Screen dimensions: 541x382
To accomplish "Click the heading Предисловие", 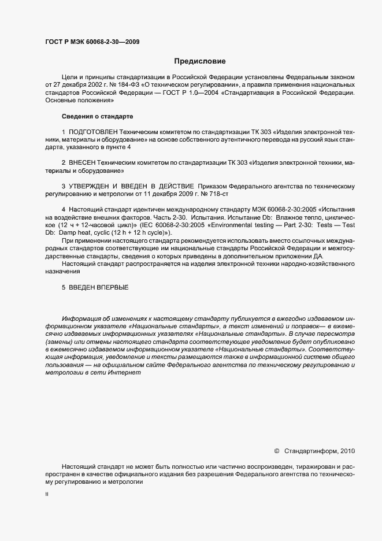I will tap(199, 60).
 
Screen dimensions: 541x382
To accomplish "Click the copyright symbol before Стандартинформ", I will tap(276, 450).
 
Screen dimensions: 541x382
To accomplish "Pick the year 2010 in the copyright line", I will tap(347, 450).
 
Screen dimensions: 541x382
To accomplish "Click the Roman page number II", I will tap(47, 495).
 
